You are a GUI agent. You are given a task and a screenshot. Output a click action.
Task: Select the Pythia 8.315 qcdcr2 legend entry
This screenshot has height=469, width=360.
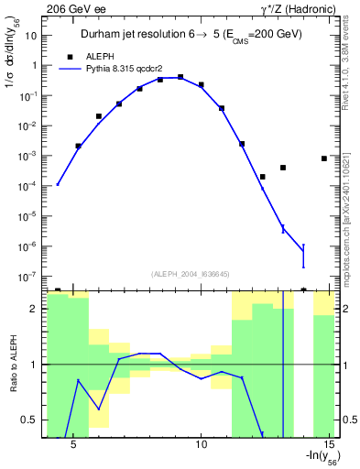click(119, 68)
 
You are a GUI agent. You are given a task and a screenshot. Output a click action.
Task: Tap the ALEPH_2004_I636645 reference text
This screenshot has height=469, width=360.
click(190, 273)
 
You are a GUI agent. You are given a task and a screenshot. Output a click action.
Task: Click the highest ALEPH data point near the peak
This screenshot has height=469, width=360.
click(180, 77)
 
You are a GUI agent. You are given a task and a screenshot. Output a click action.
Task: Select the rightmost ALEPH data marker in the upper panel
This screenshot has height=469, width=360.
click(324, 158)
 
